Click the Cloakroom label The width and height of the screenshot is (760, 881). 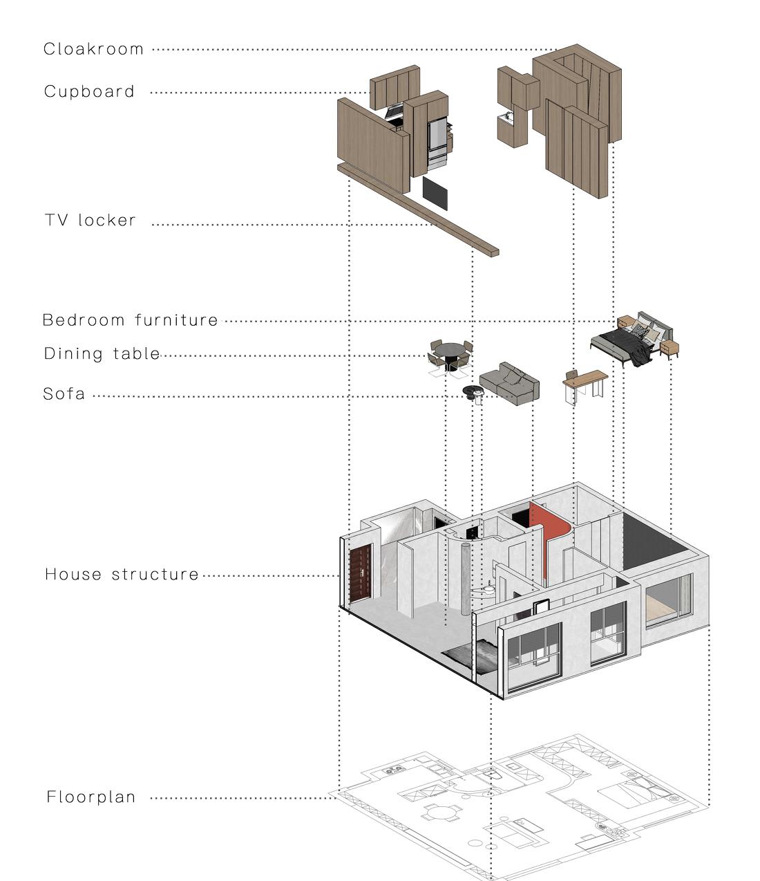pyautogui.click(x=93, y=49)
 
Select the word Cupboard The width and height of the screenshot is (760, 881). pyautogui.click(x=89, y=91)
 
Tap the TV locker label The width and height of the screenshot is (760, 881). pyautogui.click(x=90, y=221)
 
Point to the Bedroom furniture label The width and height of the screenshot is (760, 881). pyautogui.click(x=130, y=320)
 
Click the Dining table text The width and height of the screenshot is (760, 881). pyautogui.click(x=102, y=354)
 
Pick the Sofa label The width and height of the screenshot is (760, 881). pyautogui.click(x=64, y=394)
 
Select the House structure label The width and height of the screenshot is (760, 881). pyautogui.click(x=122, y=574)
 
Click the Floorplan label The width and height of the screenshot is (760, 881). pyautogui.click(x=91, y=797)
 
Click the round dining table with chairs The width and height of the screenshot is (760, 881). pyautogui.click(x=451, y=354)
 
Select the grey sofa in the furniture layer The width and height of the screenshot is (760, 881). pyautogui.click(x=510, y=382)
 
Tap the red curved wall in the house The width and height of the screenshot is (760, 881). pyautogui.click(x=553, y=536)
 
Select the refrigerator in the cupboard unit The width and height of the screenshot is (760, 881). pyautogui.click(x=437, y=143)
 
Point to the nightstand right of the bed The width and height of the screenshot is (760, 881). pyautogui.click(x=669, y=349)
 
